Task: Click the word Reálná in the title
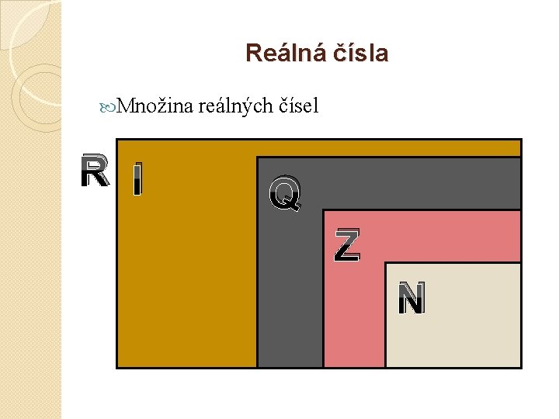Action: pos(281,54)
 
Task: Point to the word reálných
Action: pos(235,106)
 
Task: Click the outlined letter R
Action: pos(95,172)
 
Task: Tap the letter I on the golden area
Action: pos(137,179)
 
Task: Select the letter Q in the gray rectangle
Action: pos(285,193)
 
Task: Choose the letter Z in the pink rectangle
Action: pos(347,245)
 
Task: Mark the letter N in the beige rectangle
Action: pos(411,299)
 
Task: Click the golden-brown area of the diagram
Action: pos(186,272)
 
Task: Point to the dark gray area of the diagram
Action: pos(290,295)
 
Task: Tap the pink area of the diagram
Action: pos(353,318)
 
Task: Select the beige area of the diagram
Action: pos(454,326)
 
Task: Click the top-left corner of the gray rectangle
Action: pos(257,158)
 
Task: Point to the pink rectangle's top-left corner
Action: pos(323,210)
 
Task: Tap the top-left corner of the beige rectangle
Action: pos(386,263)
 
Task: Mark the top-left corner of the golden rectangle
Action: pos(116,140)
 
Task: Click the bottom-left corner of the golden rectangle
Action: pos(116,367)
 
